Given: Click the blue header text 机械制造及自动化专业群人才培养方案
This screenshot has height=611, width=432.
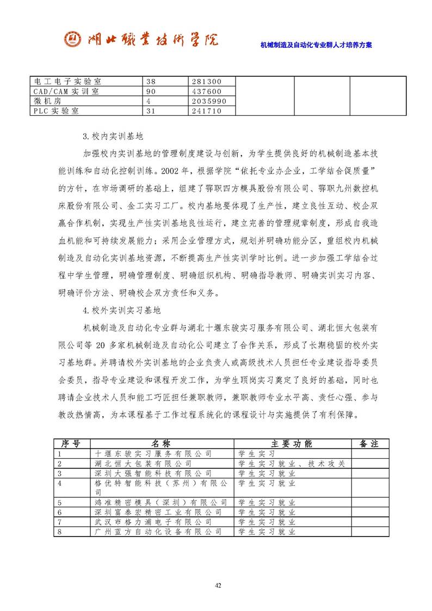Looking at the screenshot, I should click(x=316, y=45).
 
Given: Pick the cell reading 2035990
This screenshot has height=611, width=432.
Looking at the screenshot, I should click(x=212, y=101).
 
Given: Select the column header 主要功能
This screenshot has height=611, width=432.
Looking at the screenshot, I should click(x=291, y=443).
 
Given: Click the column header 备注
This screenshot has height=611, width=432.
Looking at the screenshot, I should click(x=369, y=443).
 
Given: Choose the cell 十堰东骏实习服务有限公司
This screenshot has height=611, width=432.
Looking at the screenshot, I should click(x=153, y=453).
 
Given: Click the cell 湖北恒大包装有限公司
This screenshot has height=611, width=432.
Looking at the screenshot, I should click(x=143, y=463).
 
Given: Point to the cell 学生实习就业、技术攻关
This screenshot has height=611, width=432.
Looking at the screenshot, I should click(x=291, y=463).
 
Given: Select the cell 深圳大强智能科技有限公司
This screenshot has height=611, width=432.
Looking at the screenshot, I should click(x=153, y=473).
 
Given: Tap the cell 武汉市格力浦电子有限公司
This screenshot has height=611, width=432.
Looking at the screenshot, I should click(x=153, y=521).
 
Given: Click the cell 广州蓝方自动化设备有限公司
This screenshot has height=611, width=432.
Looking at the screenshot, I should click(x=158, y=531).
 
